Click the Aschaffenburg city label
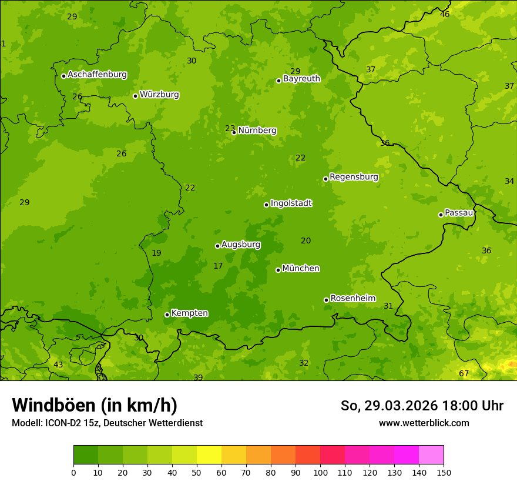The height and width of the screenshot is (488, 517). point(97,75)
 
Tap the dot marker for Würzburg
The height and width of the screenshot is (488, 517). point(135,96)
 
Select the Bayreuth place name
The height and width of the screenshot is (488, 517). point(301,79)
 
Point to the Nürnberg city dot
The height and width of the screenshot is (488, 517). point(234,132)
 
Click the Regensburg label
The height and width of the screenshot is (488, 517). point(354,177)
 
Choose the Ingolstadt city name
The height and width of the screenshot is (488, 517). point(291,203)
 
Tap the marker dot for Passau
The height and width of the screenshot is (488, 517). point(441,215)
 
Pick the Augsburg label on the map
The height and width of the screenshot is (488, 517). point(241,245)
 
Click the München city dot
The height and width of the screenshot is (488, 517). point(278,270)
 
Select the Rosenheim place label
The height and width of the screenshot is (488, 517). point(352,299)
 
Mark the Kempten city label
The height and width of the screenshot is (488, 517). point(189,313)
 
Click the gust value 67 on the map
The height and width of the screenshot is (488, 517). point(464,374)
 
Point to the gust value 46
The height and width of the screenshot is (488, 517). point(445,14)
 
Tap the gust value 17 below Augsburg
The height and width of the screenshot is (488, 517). point(218,266)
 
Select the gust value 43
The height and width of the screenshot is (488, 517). point(58,365)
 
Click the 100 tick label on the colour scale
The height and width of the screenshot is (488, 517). point(320,472)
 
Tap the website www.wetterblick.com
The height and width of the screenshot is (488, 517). point(424,423)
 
